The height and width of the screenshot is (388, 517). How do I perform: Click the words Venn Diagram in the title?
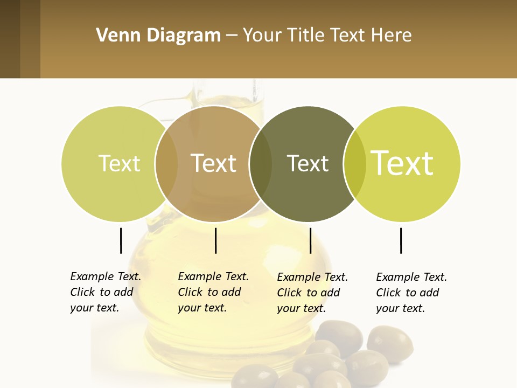(158, 36)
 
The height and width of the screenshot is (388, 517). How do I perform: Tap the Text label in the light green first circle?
(119, 163)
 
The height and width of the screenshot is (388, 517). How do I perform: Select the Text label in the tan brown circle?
(214, 163)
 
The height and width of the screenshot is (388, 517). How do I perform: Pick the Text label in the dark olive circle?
(308, 163)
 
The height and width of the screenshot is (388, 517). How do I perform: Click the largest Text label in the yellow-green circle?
(402, 163)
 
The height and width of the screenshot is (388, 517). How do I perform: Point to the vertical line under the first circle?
(121, 240)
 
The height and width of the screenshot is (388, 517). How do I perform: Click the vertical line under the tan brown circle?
(215, 240)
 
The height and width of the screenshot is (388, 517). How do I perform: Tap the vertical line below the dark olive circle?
(310, 240)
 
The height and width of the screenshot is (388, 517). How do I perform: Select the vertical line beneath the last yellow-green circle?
(401, 240)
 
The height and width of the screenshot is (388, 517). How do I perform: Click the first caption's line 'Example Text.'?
(106, 276)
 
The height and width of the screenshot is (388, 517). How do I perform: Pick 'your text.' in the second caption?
(202, 308)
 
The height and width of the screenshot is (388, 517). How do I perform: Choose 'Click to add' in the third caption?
(308, 293)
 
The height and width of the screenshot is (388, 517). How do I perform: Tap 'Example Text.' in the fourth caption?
(411, 277)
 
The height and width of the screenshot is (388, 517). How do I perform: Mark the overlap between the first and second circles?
(166, 163)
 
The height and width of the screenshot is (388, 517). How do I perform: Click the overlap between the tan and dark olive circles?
(261, 163)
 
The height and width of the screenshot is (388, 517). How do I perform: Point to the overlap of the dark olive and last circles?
(354, 163)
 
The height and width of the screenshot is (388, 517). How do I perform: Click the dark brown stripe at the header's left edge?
(10, 39)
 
